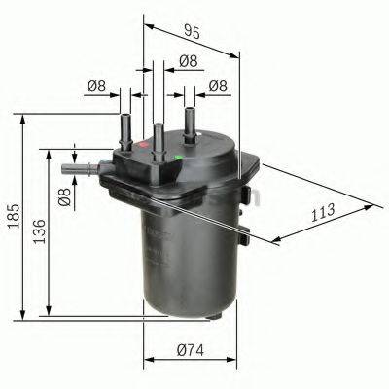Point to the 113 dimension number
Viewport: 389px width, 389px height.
click(x=325, y=212)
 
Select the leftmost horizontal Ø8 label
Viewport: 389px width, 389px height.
click(x=95, y=88)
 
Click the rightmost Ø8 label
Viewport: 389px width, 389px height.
click(x=219, y=88)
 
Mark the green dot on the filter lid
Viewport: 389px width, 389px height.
click(x=181, y=155)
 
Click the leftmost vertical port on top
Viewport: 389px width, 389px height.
click(x=125, y=129)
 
